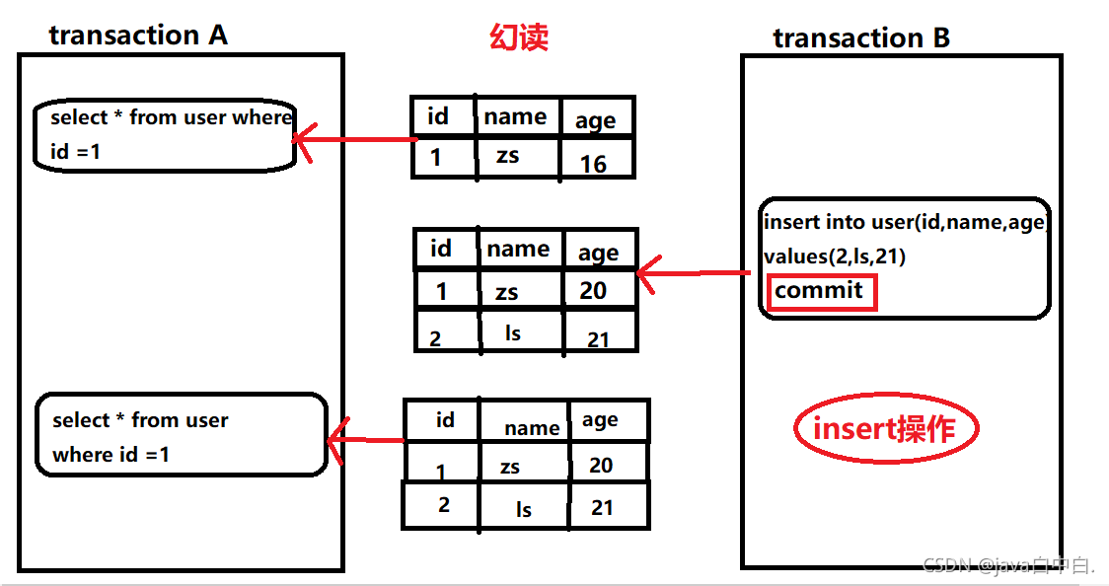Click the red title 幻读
[519, 38]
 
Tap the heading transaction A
[138, 36]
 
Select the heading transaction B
[861, 38]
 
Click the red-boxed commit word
[818, 291]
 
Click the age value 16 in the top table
[593, 164]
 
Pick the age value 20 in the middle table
[593, 290]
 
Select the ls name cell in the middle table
[512, 333]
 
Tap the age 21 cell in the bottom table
[602, 508]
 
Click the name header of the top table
[515, 117]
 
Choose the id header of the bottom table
[445, 420]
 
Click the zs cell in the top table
[508, 156]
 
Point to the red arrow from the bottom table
[366, 440]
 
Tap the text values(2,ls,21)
[835, 256]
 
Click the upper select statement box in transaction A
[166, 134]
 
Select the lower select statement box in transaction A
[182, 436]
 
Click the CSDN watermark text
[1007, 565]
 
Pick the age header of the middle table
[598, 254]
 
